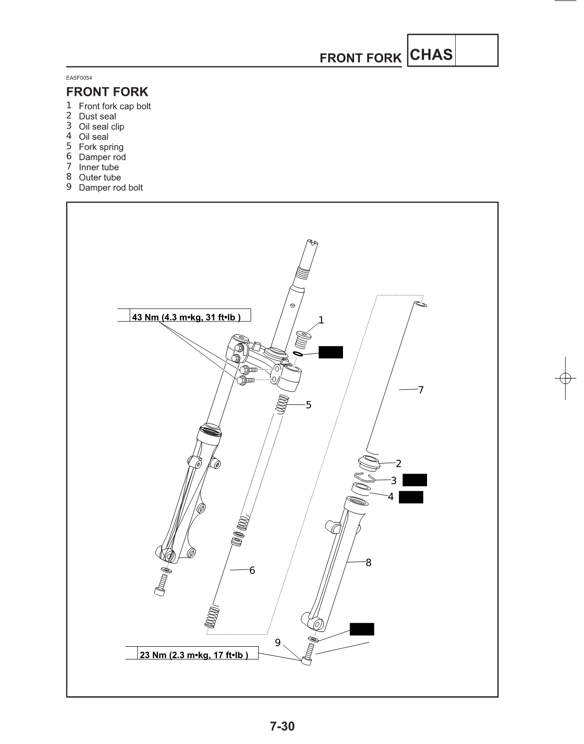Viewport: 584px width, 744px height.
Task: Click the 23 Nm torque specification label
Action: pyautogui.click(x=193, y=655)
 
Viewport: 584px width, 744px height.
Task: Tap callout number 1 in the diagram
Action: pyautogui.click(x=321, y=320)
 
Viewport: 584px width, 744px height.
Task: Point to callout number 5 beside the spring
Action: pyautogui.click(x=309, y=405)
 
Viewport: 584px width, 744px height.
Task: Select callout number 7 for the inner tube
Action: pyautogui.click(x=421, y=390)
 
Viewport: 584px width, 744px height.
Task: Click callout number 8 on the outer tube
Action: pyautogui.click(x=368, y=563)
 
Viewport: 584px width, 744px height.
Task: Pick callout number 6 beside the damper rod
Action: pyautogui.click(x=252, y=570)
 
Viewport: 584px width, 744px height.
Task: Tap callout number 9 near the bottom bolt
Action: pyautogui.click(x=278, y=643)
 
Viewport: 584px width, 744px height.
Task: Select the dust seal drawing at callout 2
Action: pyautogui.click(x=369, y=462)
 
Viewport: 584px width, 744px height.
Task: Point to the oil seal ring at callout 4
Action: pyautogui.click(x=361, y=489)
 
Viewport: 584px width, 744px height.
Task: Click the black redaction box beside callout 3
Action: pyautogui.click(x=415, y=480)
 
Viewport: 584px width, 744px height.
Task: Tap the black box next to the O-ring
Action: pyautogui.click(x=331, y=352)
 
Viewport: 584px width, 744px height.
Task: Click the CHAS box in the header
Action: pyautogui.click(x=431, y=54)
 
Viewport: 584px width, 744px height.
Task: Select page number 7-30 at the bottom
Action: pyautogui.click(x=282, y=727)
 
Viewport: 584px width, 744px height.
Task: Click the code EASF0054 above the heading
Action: pyautogui.click(x=79, y=78)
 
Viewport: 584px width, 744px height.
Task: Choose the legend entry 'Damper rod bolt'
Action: pyautogui.click(x=111, y=188)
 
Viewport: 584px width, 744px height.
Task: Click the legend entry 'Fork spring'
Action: pyautogui.click(x=101, y=147)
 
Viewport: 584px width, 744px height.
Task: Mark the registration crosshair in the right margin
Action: pyautogui.click(x=565, y=378)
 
